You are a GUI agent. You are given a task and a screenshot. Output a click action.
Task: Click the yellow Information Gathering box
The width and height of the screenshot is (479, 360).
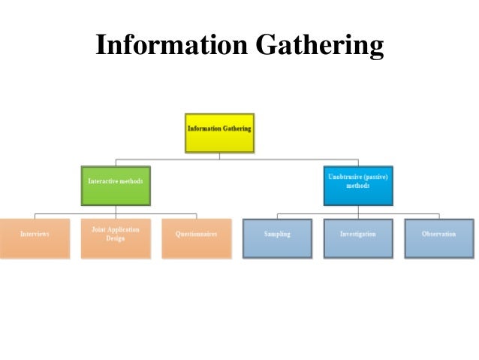tap(219, 133)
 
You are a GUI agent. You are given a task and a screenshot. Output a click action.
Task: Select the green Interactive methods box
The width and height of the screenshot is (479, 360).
tap(116, 185)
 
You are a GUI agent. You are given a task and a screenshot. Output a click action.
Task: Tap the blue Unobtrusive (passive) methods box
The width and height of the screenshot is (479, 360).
tap(357, 185)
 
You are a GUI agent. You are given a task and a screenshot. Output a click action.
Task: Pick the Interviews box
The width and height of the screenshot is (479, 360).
tap(35, 237)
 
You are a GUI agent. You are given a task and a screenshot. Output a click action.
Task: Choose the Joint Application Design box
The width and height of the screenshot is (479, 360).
tap(116, 237)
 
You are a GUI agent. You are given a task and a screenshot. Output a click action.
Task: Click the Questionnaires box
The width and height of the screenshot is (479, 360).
tap(196, 237)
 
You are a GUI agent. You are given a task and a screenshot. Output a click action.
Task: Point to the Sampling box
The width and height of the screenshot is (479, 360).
tap(277, 237)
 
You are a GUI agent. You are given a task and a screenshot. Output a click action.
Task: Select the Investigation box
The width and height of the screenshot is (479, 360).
tap(357, 237)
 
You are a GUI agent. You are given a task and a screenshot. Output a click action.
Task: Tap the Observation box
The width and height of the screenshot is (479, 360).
tap(438, 237)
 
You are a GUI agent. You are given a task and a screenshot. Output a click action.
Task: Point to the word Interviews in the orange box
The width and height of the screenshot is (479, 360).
tap(35, 234)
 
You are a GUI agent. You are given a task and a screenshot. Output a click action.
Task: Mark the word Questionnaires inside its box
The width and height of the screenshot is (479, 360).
tap(196, 234)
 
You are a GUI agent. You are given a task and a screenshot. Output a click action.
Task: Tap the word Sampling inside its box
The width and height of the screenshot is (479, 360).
tap(277, 234)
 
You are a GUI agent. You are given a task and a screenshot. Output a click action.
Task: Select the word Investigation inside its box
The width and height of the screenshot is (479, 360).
tap(357, 234)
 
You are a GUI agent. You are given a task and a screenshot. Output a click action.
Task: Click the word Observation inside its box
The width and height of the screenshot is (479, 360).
tap(438, 234)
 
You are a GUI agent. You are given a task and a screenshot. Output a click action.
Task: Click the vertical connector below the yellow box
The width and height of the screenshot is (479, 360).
tap(219, 156)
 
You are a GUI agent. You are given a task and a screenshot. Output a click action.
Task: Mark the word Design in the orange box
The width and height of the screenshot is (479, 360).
tap(116, 238)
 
